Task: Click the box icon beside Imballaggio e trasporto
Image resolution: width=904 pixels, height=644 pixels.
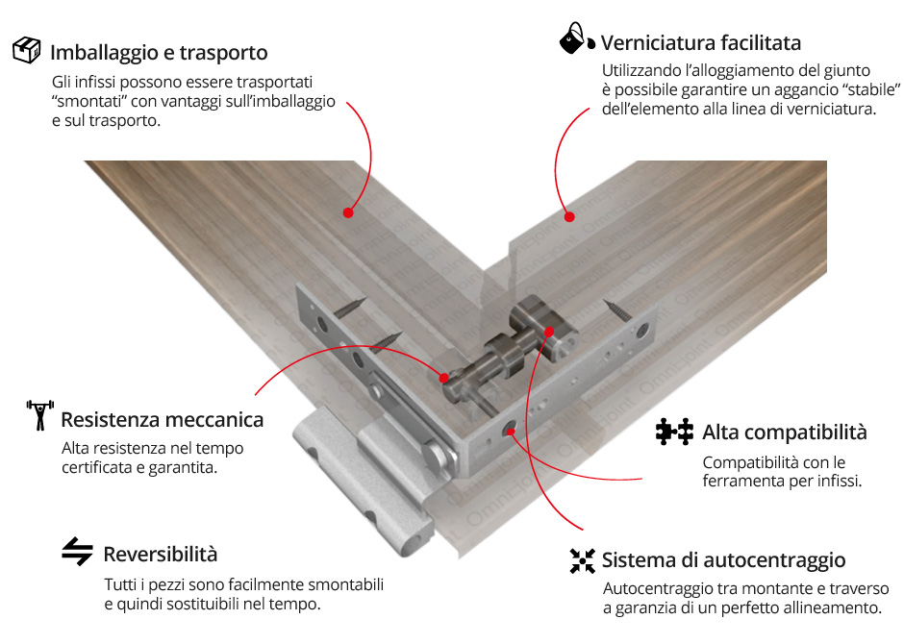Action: tap(27, 50)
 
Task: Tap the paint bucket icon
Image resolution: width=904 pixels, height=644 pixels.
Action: tap(577, 39)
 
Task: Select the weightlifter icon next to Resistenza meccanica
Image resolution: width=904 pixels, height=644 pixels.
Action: tap(39, 414)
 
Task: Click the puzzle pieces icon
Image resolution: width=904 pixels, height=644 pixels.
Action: tap(674, 432)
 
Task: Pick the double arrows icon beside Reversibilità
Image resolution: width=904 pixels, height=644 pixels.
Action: tap(77, 552)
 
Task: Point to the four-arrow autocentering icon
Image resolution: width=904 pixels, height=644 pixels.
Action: tap(582, 560)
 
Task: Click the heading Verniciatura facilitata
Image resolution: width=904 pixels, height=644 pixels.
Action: tap(700, 42)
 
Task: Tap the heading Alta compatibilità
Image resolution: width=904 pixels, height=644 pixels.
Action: tap(784, 432)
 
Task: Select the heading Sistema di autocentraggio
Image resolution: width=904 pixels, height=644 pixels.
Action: tap(723, 560)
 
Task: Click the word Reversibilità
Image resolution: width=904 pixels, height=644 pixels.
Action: tap(161, 555)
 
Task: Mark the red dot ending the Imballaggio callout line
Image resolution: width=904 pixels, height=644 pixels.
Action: tap(348, 212)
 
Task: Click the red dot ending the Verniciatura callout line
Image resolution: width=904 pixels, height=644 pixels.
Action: tap(569, 216)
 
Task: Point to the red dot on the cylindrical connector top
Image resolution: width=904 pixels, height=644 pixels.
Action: tap(549, 332)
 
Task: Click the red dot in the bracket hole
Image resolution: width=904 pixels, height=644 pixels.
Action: tap(510, 431)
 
